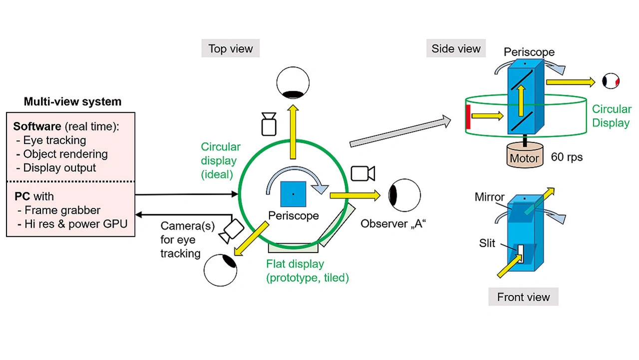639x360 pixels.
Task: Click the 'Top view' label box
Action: pyautogui.click(x=231, y=49)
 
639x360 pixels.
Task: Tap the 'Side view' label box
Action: pyautogui.click(x=456, y=48)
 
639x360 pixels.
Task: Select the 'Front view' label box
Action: pyautogui.click(x=523, y=297)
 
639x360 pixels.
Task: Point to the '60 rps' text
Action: pyautogui.click(x=567, y=157)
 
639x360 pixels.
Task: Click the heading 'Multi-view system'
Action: pyautogui.click(x=72, y=102)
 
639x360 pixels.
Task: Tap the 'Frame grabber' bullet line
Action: pyautogui.click(x=62, y=210)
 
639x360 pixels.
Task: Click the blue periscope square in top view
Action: pyautogui.click(x=293, y=194)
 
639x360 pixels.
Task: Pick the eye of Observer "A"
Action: pyautogui.click(x=405, y=195)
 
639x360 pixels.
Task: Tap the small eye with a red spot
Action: pyautogui.click(x=611, y=81)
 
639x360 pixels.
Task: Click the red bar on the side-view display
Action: pyautogui.click(x=468, y=116)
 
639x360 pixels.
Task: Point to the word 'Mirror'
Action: pyautogui.click(x=489, y=197)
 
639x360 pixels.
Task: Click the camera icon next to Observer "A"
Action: pyautogui.click(x=363, y=173)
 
